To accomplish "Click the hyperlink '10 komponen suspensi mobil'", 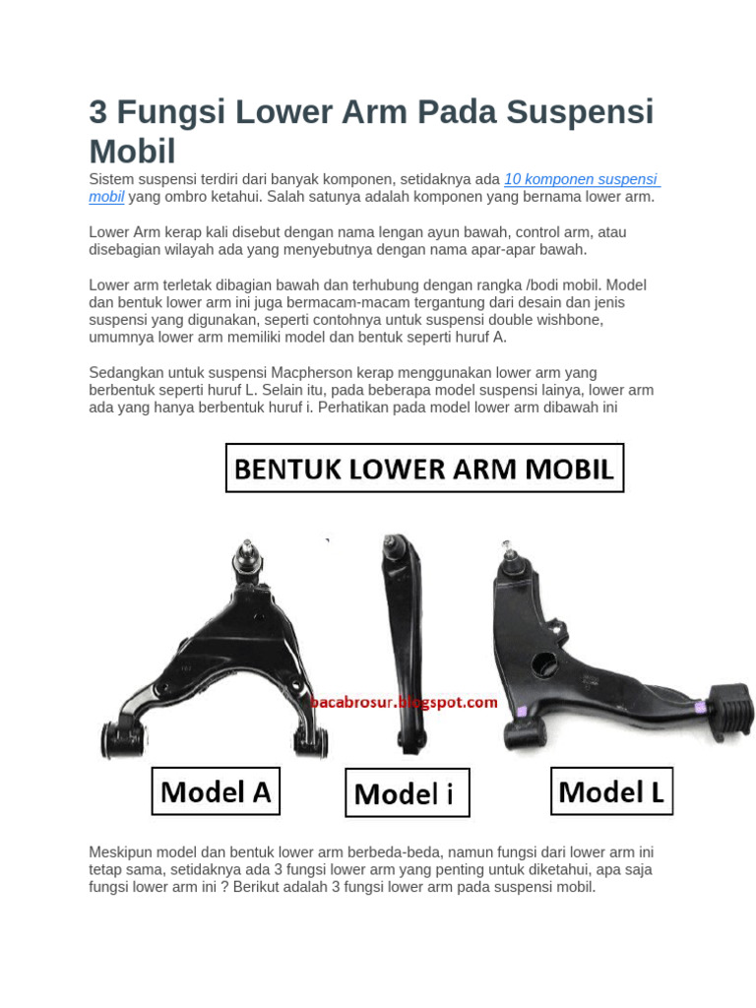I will (x=581, y=179).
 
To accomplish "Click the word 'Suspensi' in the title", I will (x=581, y=112).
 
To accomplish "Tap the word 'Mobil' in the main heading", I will (x=132, y=151).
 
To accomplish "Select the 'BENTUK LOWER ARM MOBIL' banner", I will (x=424, y=469).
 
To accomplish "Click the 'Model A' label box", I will (x=216, y=791).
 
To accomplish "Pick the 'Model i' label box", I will (x=407, y=793).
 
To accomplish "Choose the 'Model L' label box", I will (x=610, y=791).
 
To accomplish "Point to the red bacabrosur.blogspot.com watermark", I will (x=405, y=703).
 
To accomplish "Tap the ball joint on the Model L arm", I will (x=510, y=559).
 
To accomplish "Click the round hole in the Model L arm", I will (x=544, y=664).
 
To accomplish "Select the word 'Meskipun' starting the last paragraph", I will (x=121, y=852).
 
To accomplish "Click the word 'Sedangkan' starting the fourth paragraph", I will (x=124, y=372).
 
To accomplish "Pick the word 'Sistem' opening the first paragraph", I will (x=110, y=179).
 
